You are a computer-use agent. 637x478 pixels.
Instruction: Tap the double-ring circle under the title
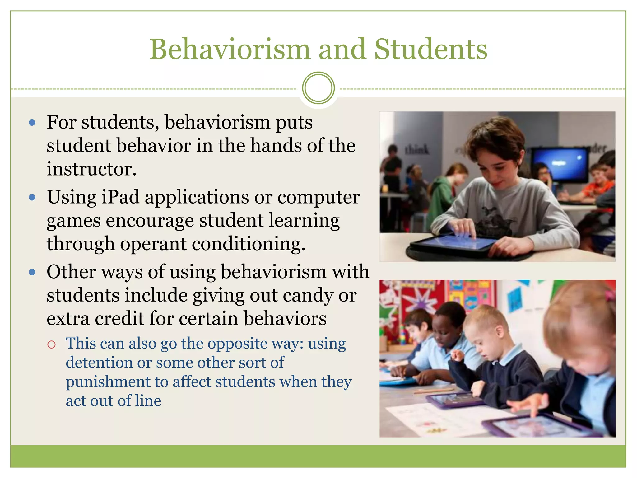coord(318,88)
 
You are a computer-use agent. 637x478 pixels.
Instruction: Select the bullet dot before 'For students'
coord(32,123)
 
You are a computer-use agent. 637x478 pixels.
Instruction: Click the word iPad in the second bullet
coord(120,197)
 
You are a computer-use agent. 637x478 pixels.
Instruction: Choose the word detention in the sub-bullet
coord(109,363)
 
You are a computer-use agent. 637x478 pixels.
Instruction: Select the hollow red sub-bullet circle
coord(51,344)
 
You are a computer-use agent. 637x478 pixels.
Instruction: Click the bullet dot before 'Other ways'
coord(32,273)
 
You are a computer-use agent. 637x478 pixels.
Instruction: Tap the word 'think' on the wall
coord(416,150)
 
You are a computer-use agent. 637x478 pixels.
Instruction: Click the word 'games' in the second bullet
coord(74,221)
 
